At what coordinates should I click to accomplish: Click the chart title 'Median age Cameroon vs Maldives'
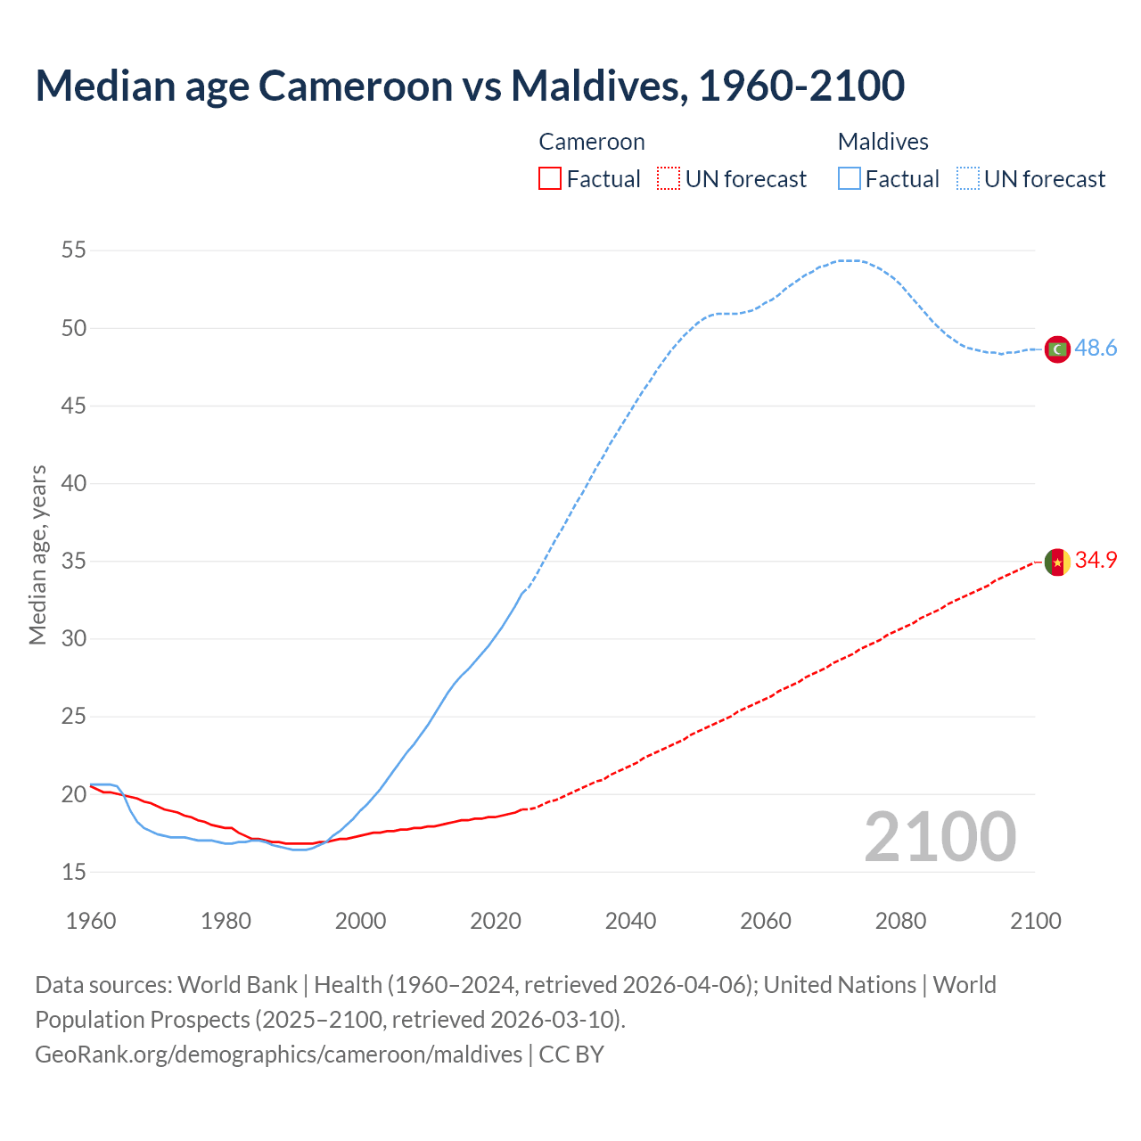click(470, 86)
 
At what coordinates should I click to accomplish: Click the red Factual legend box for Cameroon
click(550, 179)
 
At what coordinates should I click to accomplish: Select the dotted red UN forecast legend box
click(669, 179)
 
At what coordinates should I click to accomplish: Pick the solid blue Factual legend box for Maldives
click(849, 179)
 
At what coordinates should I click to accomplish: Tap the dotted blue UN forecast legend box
click(967, 179)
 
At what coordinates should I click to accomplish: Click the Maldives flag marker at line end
click(1056, 349)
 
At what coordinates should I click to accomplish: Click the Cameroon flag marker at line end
click(1056, 562)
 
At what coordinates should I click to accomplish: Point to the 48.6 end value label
click(1096, 349)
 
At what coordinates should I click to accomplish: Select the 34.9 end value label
click(1096, 561)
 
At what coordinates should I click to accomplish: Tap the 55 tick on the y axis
click(74, 250)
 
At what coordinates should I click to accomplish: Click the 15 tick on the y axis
click(74, 872)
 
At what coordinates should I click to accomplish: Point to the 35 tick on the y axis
click(74, 562)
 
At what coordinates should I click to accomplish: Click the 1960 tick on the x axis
click(91, 921)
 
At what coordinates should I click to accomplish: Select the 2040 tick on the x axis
click(630, 921)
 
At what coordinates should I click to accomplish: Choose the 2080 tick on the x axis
click(900, 921)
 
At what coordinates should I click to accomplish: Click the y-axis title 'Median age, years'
click(37, 554)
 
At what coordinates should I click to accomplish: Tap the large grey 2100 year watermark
click(940, 837)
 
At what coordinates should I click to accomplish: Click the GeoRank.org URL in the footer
click(278, 1055)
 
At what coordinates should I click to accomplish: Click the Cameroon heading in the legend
click(591, 142)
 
